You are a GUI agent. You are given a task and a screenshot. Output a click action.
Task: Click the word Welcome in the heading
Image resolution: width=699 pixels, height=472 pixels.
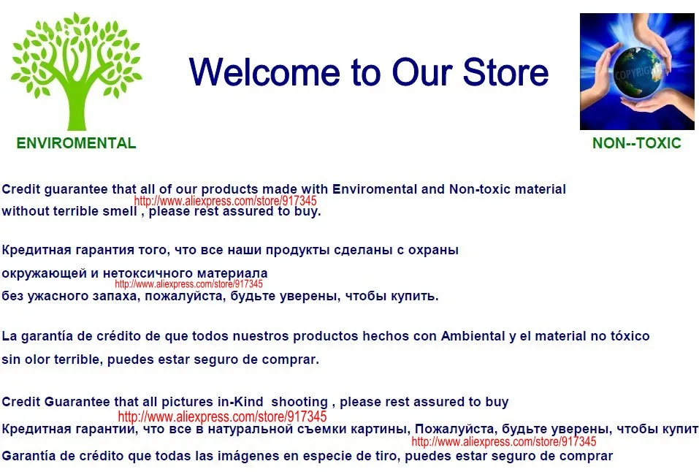pyautogui.click(x=265, y=72)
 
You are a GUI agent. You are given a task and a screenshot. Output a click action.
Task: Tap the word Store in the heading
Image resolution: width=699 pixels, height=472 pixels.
pyautogui.click(x=506, y=72)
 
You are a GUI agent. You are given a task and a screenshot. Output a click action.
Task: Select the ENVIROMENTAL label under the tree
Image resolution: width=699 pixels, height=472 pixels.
pyautogui.click(x=76, y=143)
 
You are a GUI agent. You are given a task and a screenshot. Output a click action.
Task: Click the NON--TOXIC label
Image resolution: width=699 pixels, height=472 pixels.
pyautogui.click(x=637, y=143)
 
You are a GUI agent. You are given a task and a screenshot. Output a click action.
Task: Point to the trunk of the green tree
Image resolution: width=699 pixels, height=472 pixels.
pyautogui.click(x=77, y=104)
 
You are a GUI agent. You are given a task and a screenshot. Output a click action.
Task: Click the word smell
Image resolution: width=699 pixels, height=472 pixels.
pyautogui.click(x=120, y=211)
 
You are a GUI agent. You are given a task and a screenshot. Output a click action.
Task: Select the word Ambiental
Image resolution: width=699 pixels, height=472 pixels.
pyautogui.click(x=473, y=336)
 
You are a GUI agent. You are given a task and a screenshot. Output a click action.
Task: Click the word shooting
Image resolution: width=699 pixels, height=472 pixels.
pyautogui.click(x=299, y=402)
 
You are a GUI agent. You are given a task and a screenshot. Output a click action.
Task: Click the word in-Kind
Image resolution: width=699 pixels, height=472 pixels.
pyautogui.click(x=240, y=402)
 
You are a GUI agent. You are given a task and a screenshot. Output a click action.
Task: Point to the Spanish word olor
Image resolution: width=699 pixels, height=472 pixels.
pyautogui.click(x=37, y=359)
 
